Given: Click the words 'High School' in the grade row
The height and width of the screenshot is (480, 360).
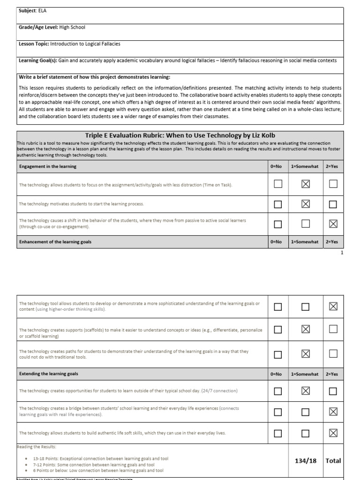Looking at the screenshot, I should pyautogui.click(x=72, y=27).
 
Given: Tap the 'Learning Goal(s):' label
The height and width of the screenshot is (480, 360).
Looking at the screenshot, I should pyautogui.click(x=38, y=60).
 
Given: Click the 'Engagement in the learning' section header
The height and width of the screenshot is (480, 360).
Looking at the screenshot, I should pyautogui.click(x=48, y=166).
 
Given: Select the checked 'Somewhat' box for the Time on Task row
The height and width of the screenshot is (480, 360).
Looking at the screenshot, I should pyautogui.click(x=306, y=184).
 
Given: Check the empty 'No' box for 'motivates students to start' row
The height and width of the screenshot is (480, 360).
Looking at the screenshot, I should pyautogui.click(x=278, y=204).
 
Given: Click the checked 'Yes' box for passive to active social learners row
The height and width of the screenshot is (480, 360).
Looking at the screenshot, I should pyautogui.click(x=333, y=224).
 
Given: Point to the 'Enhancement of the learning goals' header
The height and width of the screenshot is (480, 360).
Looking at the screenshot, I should pyautogui.click(x=55, y=242).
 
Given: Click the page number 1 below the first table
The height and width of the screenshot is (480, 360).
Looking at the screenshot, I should pyautogui.click(x=342, y=253).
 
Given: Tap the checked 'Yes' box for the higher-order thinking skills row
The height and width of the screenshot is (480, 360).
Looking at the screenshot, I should pyautogui.click(x=333, y=307).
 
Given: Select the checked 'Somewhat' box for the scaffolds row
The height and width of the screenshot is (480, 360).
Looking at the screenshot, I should pyautogui.click(x=306, y=330).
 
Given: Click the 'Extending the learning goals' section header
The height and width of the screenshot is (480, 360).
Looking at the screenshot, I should pyautogui.click(x=49, y=374).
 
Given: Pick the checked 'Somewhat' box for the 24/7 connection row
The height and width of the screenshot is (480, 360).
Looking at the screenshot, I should pyautogui.click(x=306, y=391).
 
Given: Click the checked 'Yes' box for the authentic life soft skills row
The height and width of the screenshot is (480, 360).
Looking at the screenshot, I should pyautogui.click(x=333, y=433).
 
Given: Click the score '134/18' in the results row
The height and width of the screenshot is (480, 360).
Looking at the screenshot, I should pyautogui.click(x=306, y=461).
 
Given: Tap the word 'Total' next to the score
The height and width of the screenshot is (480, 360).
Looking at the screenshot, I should pyautogui.click(x=333, y=461).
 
